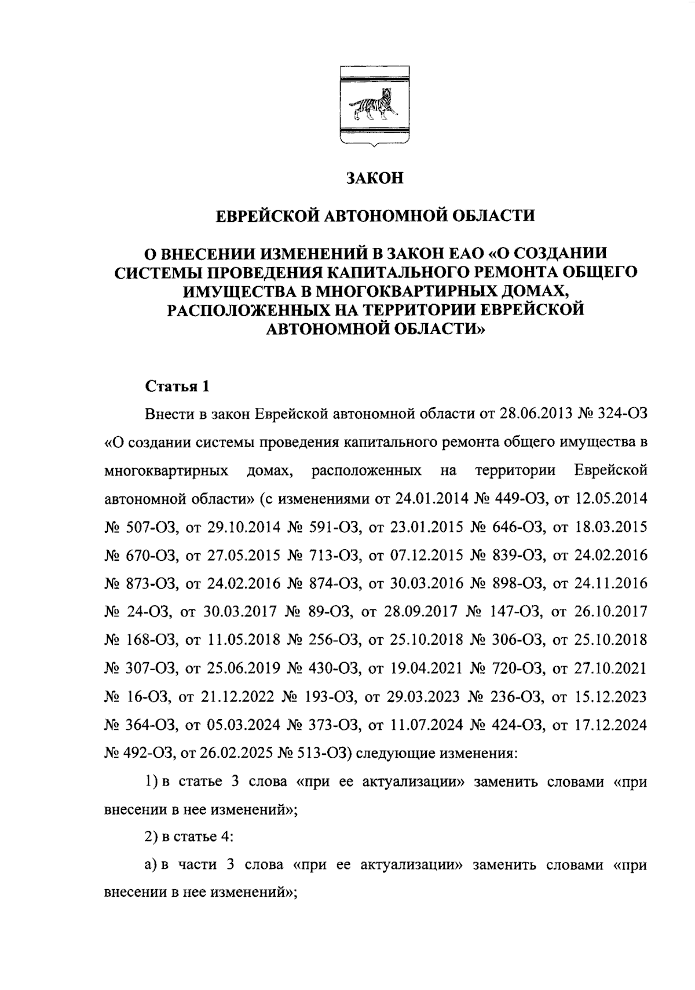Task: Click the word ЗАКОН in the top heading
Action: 374,178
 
